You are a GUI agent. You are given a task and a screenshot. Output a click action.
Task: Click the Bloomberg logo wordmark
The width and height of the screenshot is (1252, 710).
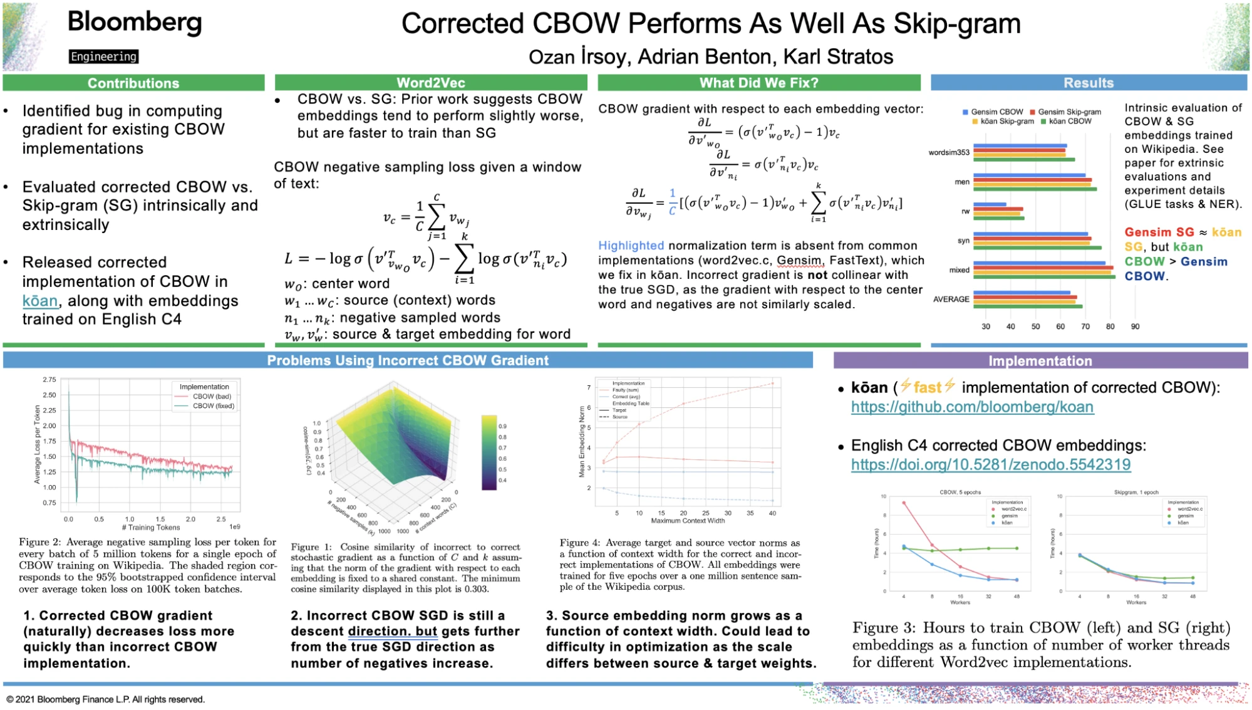pyautogui.click(x=135, y=23)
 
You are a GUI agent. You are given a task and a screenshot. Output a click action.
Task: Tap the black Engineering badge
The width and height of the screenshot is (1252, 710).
pyautogui.click(x=103, y=57)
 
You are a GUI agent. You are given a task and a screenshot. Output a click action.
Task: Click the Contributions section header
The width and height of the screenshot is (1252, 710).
pyautogui.click(x=133, y=83)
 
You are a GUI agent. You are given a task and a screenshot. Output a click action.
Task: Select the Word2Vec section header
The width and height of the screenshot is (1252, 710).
pyautogui.click(x=431, y=83)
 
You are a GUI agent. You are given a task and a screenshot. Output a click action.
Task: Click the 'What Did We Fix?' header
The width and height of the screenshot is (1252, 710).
pyautogui.click(x=758, y=83)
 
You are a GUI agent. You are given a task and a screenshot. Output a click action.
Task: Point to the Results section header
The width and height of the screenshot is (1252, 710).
pyautogui.click(x=1089, y=83)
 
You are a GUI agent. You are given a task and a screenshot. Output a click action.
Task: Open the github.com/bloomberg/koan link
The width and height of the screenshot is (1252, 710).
pyautogui.click(x=972, y=407)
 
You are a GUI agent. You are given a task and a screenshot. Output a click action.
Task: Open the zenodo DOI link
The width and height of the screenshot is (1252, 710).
pyautogui.click(x=991, y=465)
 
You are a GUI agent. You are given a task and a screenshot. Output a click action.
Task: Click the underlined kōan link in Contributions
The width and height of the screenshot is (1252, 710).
pyautogui.click(x=40, y=301)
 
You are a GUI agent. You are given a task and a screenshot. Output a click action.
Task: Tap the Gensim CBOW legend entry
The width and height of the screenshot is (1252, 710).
pyautogui.click(x=996, y=112)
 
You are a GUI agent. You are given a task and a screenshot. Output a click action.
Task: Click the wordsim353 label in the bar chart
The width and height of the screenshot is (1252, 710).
pyautogui.click(x=949, y=152)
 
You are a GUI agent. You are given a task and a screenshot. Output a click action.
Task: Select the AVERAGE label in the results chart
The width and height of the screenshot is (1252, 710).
pyautogui.click(x=951, y=300)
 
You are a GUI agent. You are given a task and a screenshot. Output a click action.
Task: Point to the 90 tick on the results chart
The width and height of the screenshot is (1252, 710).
pyautogui.click(x=1136, y=326)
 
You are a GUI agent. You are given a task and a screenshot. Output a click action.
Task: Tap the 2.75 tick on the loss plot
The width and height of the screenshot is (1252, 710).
pyautogui.click(x=49, y=380)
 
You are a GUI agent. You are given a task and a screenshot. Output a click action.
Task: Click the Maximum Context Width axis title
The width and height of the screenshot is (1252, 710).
pyautogui.click(x=688, y=521)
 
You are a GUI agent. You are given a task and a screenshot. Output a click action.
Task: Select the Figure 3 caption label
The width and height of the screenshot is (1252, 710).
pyautogui.click(x=883, y=628)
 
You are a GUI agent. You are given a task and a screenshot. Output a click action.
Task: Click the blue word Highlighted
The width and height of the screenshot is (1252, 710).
pyautogui.click(x=631, y=246)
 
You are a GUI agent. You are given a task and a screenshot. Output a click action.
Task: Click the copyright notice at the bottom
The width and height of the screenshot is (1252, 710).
pyautogui.click(x=106, y=699)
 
